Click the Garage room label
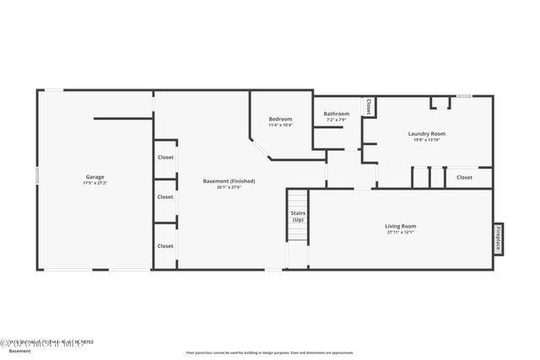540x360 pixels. point(94,177)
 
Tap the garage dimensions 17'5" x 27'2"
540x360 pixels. point(94,183)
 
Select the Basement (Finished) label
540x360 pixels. point(229,180)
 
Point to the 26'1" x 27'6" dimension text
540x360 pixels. point(229,187)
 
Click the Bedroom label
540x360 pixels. point(280,119)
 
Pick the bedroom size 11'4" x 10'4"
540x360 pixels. point(280,126)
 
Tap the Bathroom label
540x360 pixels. point(337,114)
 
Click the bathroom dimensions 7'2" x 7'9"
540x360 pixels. point(337,120)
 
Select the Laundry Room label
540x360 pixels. point(426,133)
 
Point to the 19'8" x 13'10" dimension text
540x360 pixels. point(426,140)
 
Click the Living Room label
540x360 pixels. point(401,226)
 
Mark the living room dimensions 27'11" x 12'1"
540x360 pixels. point(401,233)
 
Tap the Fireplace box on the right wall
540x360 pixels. point(499,239)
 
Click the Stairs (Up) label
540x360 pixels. point(298,217)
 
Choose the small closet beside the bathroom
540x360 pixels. point(369,106)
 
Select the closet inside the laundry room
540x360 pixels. point(464,178)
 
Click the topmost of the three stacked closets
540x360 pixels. point(165,158)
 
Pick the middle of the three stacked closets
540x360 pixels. point(165,197)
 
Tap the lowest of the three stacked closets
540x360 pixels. point(165,246)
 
